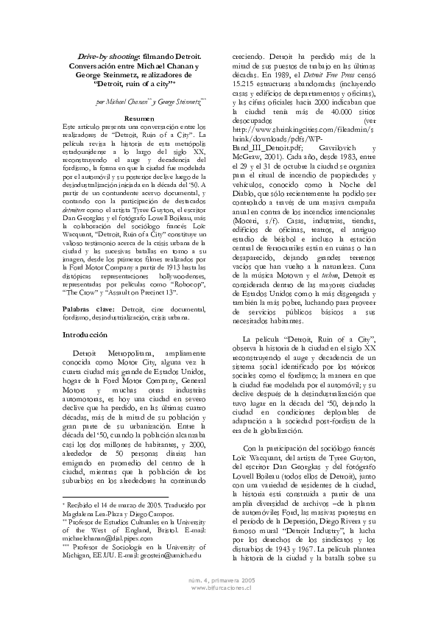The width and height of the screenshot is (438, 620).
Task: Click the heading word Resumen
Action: point(138,118)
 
